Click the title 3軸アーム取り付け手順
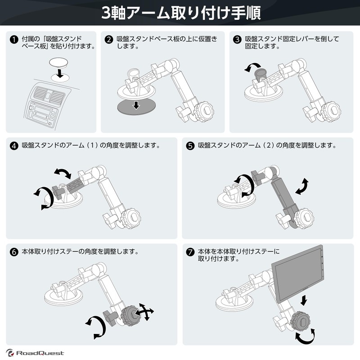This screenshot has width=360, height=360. [180, 13]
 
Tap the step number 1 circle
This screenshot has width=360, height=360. [13, 40]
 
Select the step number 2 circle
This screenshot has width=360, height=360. [108, 40]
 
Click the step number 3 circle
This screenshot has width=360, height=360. [237, 40]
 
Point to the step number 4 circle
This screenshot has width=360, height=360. [13, 146]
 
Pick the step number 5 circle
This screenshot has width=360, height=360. [190, 146]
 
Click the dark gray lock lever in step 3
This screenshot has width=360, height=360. [260, 74]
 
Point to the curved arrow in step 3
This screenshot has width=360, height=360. [250, 68]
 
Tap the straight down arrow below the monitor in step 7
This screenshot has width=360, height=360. [304, 299]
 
